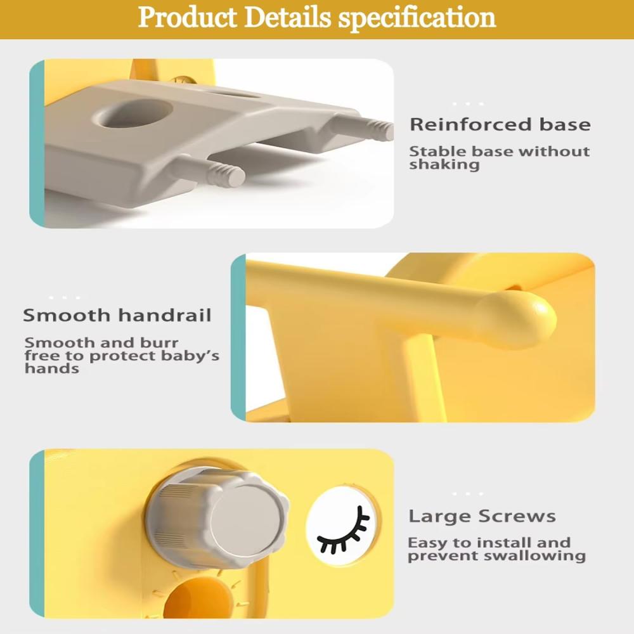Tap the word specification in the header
click(x=417, y=18)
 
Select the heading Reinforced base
click(x=500, y=124)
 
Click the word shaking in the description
click(x=444, y=165)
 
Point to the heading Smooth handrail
click(x=117, y=315)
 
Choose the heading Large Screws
click(x=482, y=516)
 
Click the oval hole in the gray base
click(x=133, y=114)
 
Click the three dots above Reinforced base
click(x=469, y=104)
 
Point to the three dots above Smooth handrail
click(x=65, y=298)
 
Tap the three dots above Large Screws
click(x=468, y=494)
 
